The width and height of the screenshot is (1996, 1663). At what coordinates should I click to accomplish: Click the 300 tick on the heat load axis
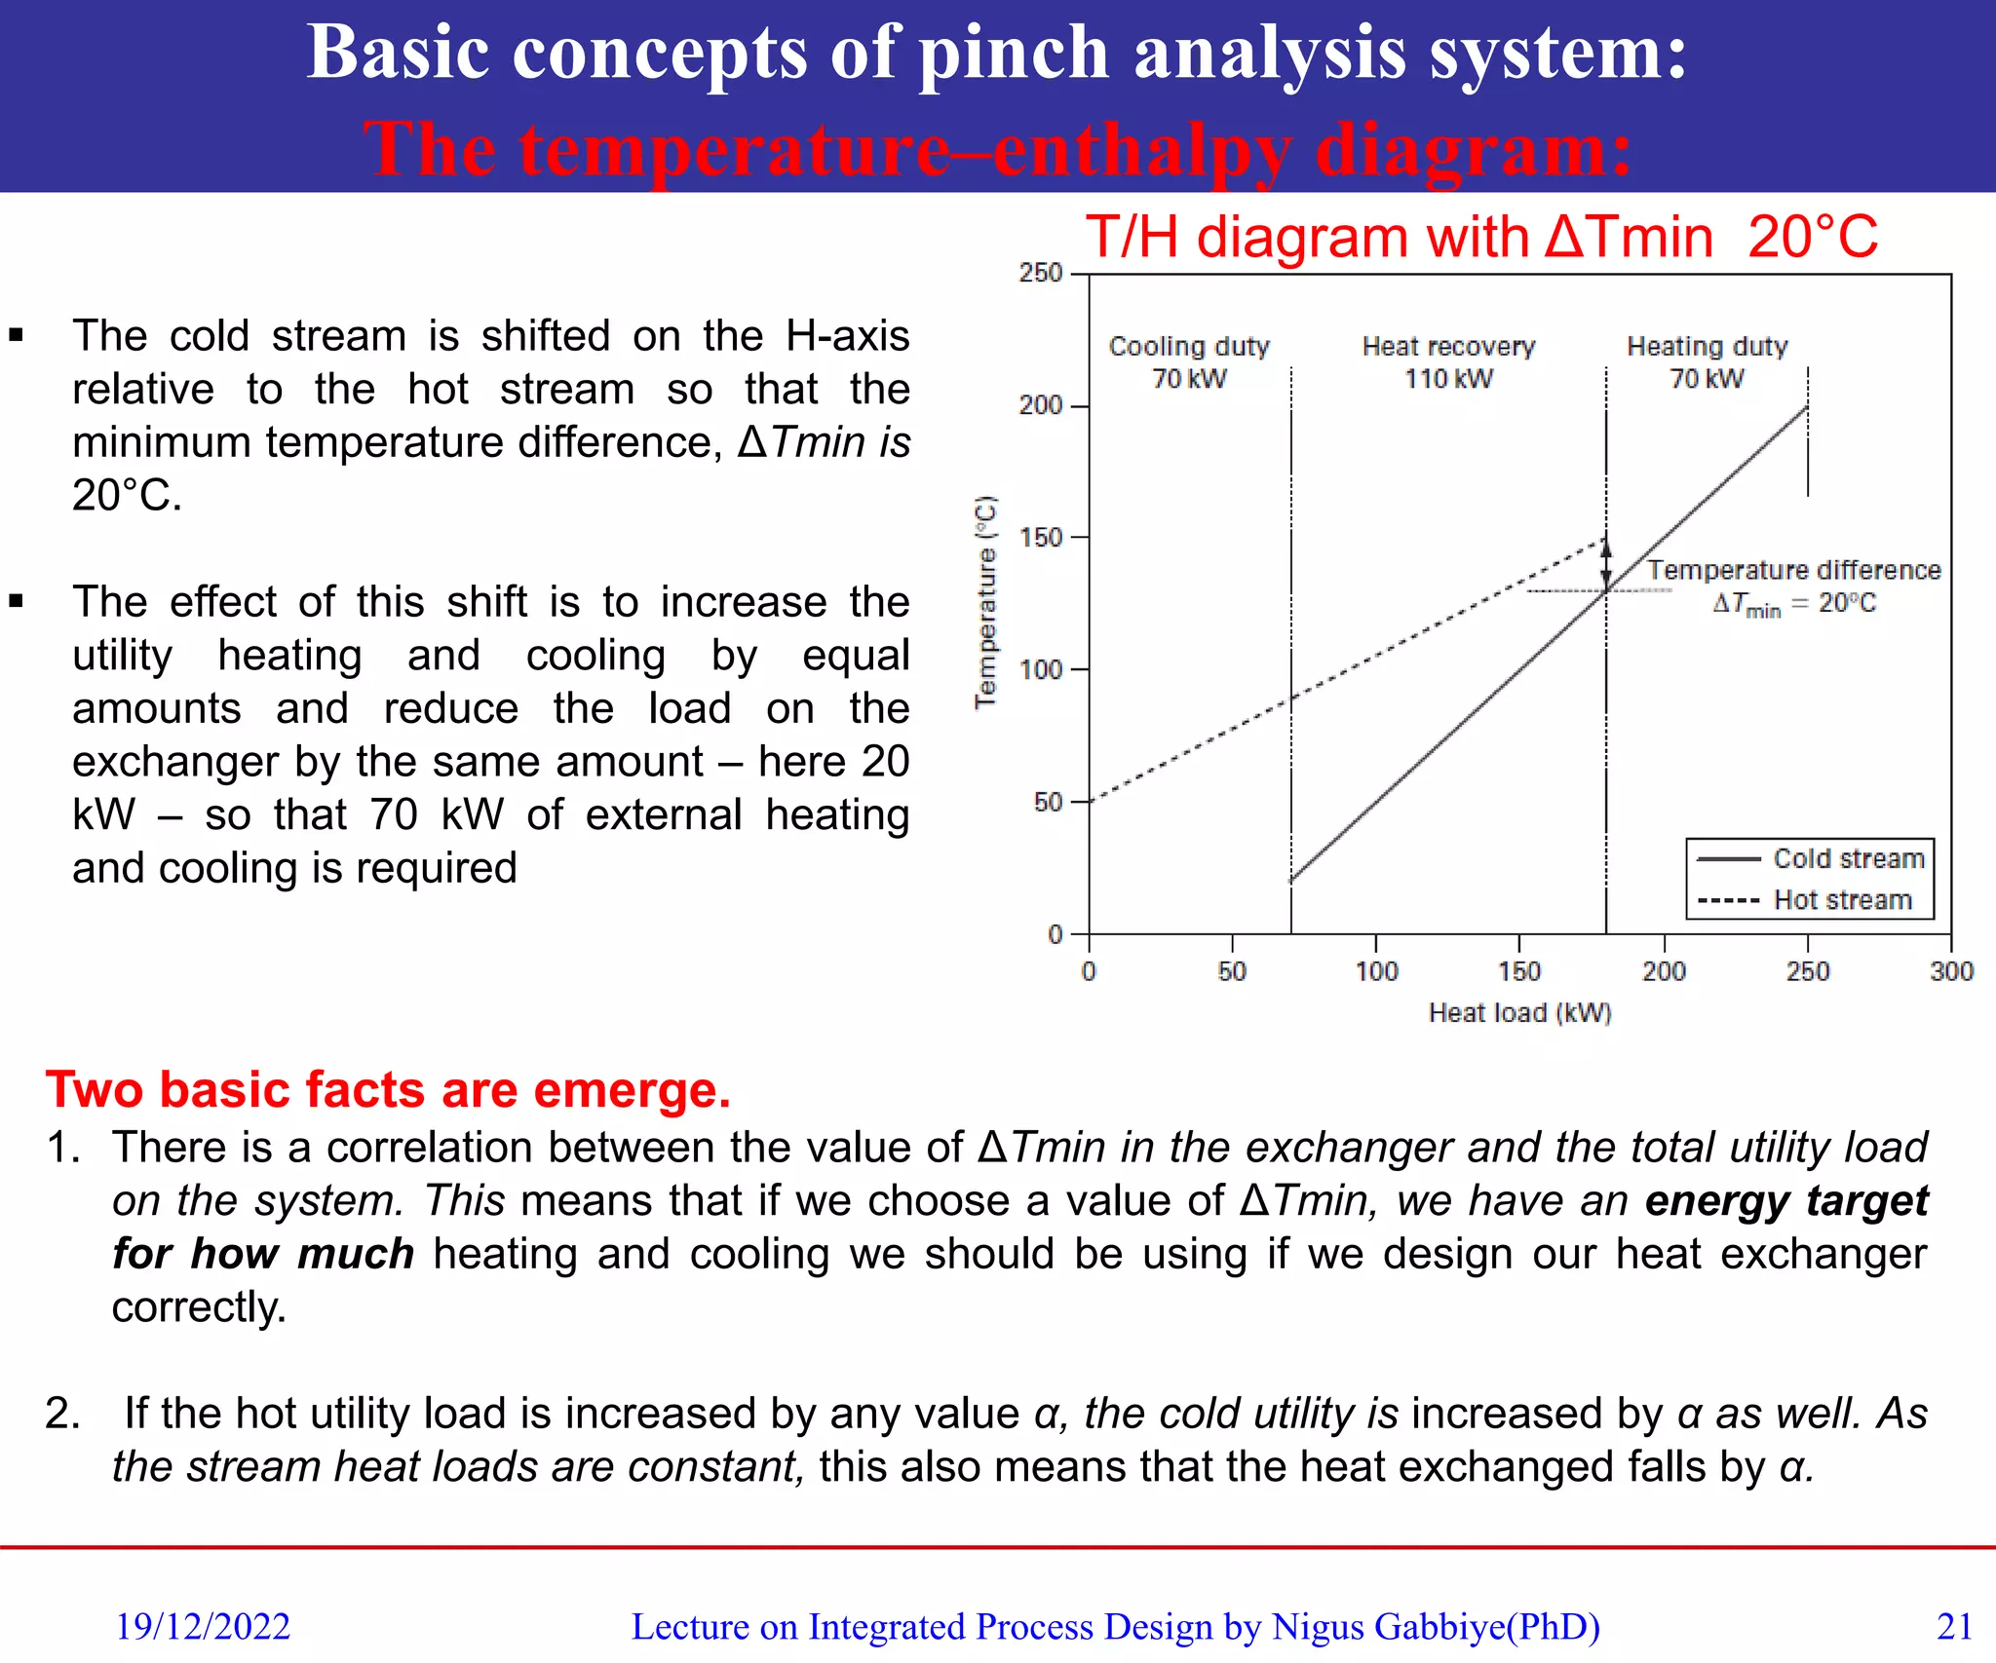click(1950, 970)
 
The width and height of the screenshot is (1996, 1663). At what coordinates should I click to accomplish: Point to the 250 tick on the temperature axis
click(1041, 273)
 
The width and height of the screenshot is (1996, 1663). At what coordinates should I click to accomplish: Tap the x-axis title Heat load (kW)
click(1519, 1013)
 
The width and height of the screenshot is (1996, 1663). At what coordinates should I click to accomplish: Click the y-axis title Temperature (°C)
click(986, 602)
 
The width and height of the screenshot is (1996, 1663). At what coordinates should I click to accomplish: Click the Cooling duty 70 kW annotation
click(1189, 362)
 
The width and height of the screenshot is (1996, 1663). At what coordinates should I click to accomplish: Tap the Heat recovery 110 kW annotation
click(1448, 362)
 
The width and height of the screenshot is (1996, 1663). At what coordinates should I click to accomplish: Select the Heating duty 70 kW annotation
click(1708, 362)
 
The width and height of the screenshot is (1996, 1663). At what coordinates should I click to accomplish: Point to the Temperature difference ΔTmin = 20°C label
click(1793, 586)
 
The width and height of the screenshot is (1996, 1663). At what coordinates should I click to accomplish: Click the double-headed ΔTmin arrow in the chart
click(1606, 564)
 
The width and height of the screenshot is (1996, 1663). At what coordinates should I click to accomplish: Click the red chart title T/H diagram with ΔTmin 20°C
click(1481, 237)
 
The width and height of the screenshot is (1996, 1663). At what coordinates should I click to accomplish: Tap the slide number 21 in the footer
click(1954, 1626)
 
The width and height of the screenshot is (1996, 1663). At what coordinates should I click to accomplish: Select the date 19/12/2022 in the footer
click(203, 1626)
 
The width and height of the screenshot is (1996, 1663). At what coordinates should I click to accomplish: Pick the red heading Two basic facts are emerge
click(388, 1089)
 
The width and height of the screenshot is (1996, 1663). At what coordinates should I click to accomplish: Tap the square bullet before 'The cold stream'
click(17, 336)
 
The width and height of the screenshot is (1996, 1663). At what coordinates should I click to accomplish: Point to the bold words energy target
click(1785, 1200)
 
